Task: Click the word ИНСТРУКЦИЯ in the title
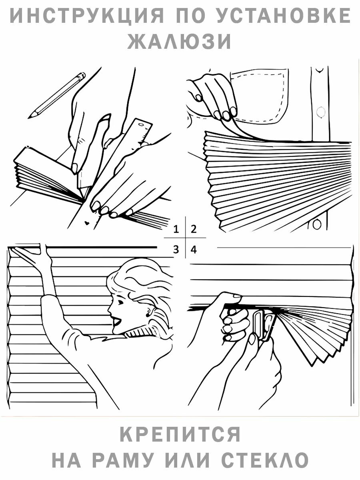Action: coord(86,16)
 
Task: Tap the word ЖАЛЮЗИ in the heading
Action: coord(180,41)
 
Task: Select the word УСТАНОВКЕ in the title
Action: coord(284,16)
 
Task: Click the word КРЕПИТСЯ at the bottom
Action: coord(180,434)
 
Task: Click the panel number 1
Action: coord(176,229)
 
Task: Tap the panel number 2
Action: coord(194,229)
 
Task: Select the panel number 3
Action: coord(176,250)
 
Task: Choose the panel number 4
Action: coord(194,250)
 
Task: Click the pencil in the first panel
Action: coord(60,94)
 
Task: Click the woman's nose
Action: coord(110,308)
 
